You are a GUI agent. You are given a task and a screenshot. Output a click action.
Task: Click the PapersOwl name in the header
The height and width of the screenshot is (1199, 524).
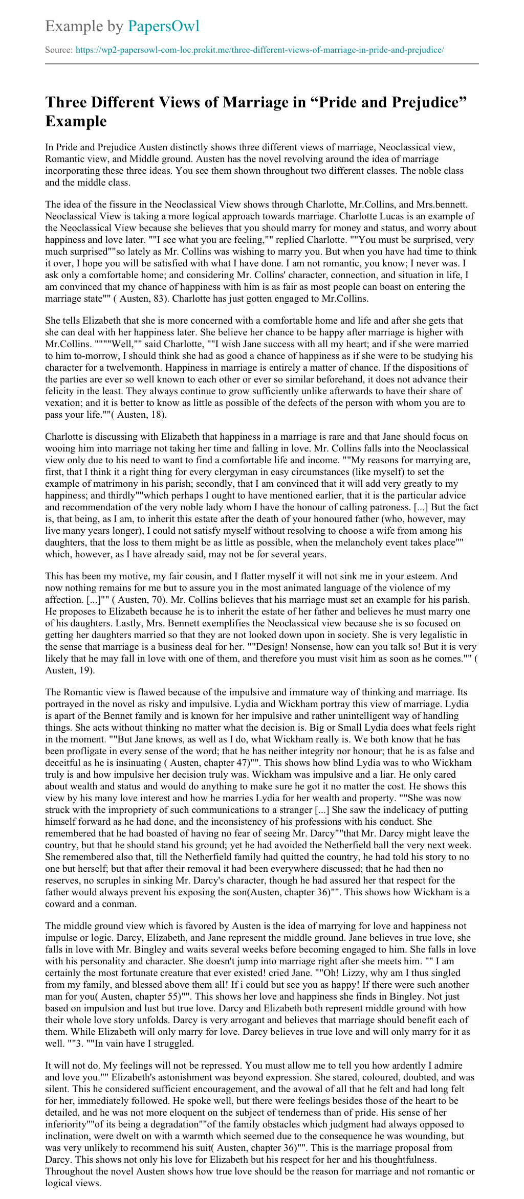tap(163, 26)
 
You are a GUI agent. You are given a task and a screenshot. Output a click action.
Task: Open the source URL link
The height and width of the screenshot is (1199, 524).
tap(260, 50)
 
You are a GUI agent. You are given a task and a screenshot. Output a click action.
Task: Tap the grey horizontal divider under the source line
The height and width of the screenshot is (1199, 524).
tap(262, 64)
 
